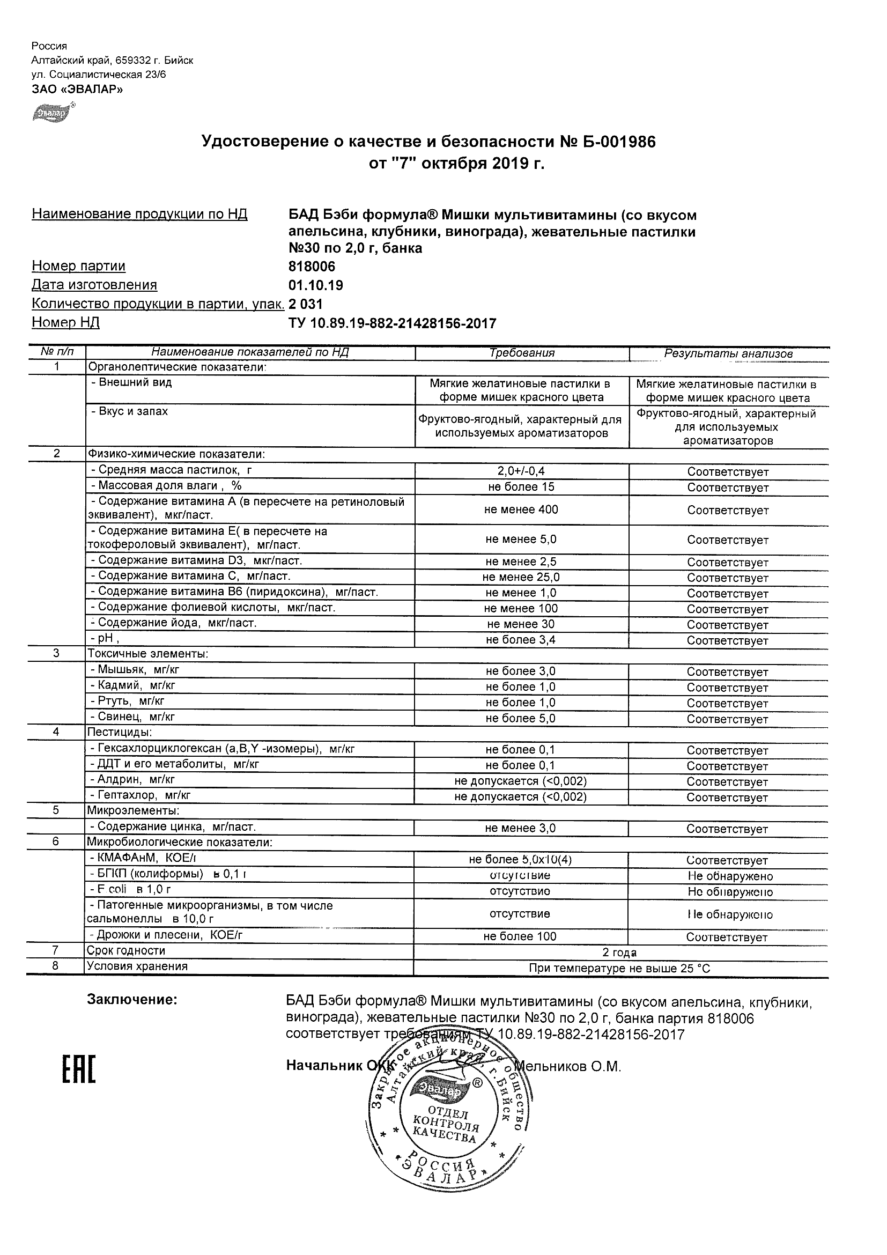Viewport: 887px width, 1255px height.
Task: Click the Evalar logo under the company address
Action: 53,113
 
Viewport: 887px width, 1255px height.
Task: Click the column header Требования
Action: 522,353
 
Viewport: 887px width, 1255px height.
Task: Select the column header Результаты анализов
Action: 728,353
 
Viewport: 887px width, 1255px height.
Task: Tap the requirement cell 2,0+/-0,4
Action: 521,471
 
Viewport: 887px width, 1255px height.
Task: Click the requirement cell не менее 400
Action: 521,510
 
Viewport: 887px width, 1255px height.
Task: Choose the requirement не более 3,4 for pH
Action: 521,639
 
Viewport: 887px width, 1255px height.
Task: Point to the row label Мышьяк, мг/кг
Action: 138,669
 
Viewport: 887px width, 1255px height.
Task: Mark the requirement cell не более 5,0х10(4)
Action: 520,859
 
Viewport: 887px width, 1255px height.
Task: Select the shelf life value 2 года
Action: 619,952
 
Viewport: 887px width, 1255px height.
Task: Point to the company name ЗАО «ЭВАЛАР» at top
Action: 77,89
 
